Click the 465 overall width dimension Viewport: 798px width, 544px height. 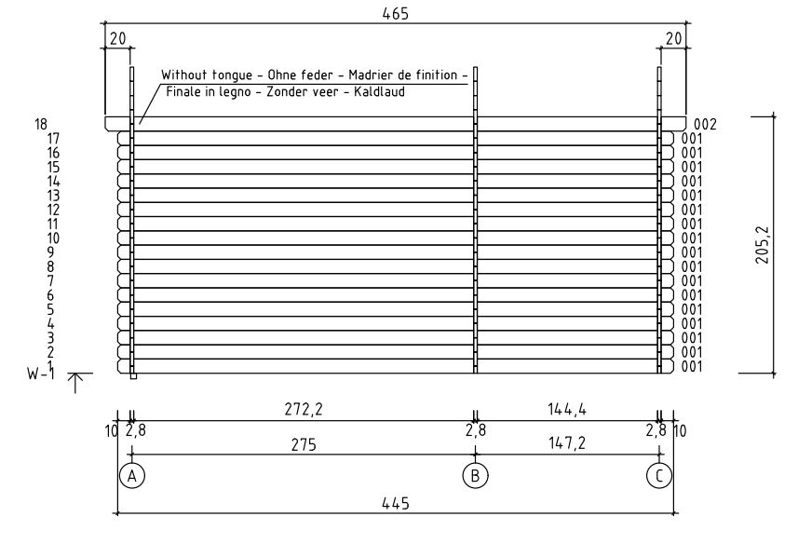396,14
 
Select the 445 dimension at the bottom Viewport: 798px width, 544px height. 396,504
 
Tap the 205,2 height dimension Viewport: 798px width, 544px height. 763,245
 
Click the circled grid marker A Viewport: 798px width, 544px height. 132,476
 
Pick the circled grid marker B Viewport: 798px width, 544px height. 475,476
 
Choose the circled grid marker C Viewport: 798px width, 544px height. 659,476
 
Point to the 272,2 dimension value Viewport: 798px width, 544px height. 304,409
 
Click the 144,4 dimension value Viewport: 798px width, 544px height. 567,409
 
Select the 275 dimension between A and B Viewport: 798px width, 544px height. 304,445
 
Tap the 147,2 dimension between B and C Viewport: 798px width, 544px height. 567,443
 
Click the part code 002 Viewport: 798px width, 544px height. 705,124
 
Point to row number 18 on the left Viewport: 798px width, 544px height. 41,124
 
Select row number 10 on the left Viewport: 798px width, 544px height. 53,238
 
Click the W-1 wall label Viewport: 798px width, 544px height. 41,374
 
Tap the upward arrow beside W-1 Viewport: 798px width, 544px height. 75,383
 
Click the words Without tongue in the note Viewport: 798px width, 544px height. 207,75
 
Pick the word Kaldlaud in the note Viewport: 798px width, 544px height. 380,92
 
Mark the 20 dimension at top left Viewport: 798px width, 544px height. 117,39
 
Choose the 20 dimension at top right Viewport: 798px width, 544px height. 673,39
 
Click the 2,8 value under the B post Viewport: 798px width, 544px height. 475,431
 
